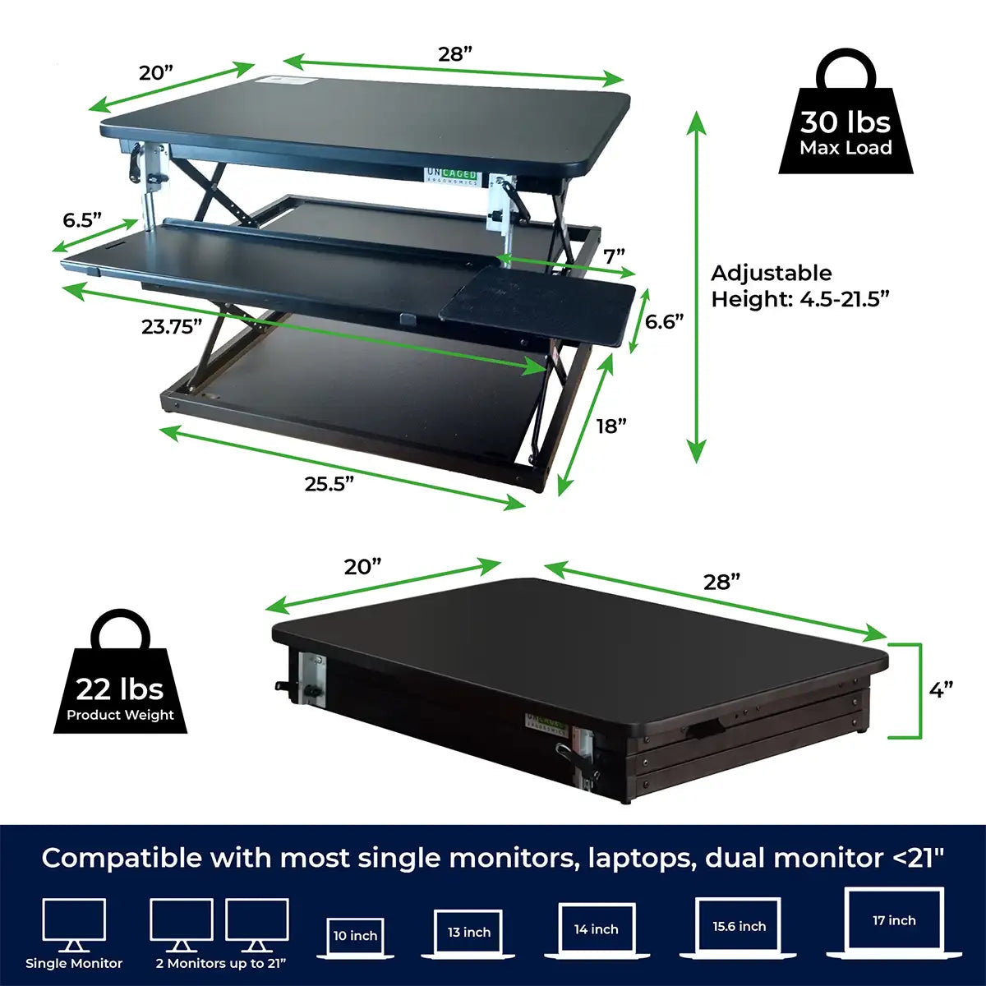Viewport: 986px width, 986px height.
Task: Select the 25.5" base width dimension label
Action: pyautogui.click(x=329, y=484)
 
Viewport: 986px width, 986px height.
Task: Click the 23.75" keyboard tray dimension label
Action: pyautogui.click(x=172, y=327)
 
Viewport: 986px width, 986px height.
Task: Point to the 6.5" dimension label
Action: pyautogui.click(x=82, y=220)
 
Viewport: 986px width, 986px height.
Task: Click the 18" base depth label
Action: pyautogui.click(x=611, y=426)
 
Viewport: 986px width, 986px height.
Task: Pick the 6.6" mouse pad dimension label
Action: pyautogui.click(x=665, y=321)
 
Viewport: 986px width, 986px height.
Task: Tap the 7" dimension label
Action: pyautogui.click(x=615, y=256)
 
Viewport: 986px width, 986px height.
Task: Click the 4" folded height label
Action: pyautogui.click(x=941, y=690)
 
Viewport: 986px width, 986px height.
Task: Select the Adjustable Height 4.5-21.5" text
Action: pyautogui.click(x=799, y=286)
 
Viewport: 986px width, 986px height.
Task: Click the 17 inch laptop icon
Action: pyautogui.click(x=894, y=922)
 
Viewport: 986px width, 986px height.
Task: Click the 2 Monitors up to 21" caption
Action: pyautogui.click(x=221, y=964)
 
